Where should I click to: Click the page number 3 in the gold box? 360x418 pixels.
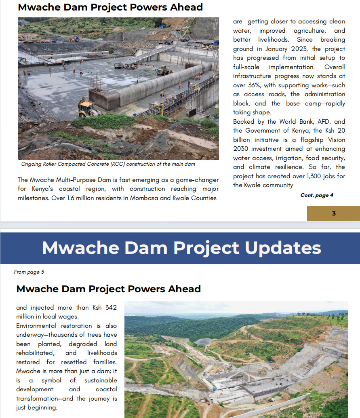[x=333, y=213]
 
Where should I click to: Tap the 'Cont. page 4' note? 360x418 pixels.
[x=317, y=195]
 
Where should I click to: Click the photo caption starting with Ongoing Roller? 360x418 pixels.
[x=108, y=164]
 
